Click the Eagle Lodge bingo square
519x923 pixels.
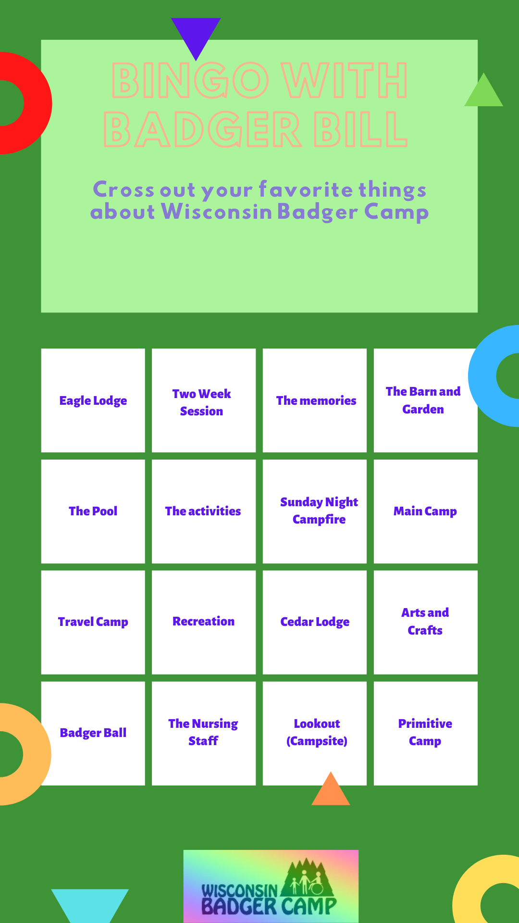click(93, 400)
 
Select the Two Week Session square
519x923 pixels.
click(204, 400)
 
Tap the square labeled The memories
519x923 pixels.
click(315, 400)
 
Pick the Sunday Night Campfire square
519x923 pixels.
click(315, 511)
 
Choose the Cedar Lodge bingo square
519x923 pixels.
click(315, 623)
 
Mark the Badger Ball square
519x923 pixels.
click(93, 734)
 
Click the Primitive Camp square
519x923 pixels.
click(426, 734)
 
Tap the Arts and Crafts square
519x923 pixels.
click(426, 623)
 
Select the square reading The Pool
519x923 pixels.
click(93, 511)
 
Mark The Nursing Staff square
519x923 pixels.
click(204, 734)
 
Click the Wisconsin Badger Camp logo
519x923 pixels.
click(271, 886)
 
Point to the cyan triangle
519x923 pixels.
click(90, 904)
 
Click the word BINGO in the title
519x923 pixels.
click(190, 80)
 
